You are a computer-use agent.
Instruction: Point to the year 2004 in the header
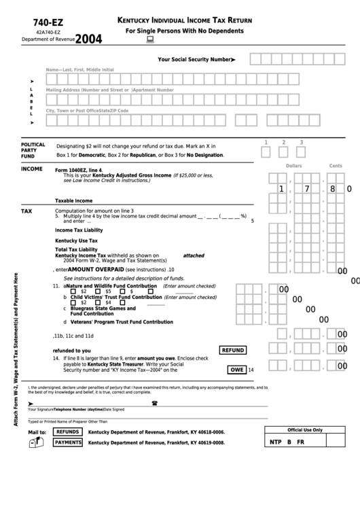pos(88,39)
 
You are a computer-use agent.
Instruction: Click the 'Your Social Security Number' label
pos(196,60)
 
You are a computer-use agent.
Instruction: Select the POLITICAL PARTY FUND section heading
pos(33,150)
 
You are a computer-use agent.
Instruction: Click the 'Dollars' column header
pos(293,166)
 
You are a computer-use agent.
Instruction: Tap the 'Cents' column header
pos(336,166)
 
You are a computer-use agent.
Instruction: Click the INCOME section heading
pos(32,169)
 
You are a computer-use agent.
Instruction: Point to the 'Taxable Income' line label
pos(73,200)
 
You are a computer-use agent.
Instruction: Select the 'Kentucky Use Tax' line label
pos(76,240)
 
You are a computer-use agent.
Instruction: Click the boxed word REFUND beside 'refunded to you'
pos(232,350)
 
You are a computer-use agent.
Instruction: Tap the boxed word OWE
pos(237,370)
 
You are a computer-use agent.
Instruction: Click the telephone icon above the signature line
pos(154,403)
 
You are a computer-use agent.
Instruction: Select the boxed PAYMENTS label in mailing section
pos(68,442)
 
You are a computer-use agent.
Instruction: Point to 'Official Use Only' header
pos(305,430)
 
